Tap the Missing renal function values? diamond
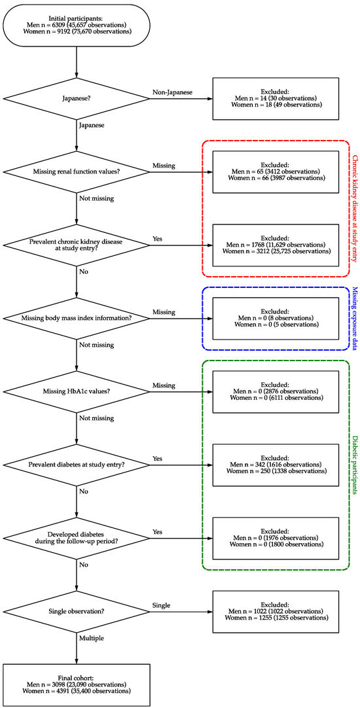coord(77,172)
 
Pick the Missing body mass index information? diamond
coord(77,318)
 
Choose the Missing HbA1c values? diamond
coord(77,391)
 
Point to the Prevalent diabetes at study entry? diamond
coord(77,465)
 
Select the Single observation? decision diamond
coord(77,611)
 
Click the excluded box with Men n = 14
coord(276,99)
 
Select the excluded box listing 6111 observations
coord(276,391)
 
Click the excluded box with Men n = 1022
coord(276,611)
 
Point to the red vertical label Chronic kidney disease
coord(354,209)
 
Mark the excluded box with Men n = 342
coord(276,465)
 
